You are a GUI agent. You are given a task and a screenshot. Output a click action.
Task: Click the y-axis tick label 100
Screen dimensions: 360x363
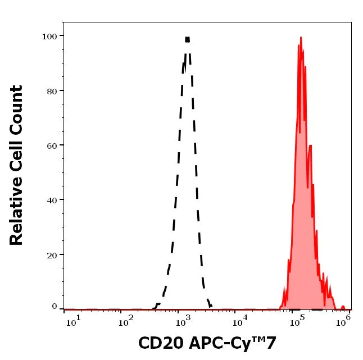[x=49, y=37]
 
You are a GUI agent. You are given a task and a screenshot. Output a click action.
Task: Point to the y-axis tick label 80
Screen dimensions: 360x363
[x=51, y=91]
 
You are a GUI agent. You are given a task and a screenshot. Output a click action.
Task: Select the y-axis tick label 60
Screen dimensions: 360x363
[x=51, y=145]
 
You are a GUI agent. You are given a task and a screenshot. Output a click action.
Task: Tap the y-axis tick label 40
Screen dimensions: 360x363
[x=51, y=200]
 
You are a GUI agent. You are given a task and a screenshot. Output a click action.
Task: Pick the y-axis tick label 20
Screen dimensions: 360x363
[x=51, y=254]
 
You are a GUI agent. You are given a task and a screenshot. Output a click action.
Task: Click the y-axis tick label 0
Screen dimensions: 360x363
[x=54, y=307]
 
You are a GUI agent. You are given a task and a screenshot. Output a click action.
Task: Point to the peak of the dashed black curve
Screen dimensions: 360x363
[x=187, y=39]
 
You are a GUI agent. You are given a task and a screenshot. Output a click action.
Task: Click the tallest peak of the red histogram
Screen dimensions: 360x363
[x=301, y=38]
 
